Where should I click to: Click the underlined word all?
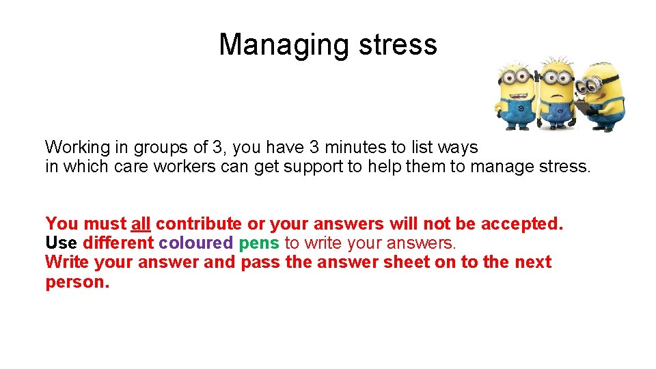click(x=141, y=223)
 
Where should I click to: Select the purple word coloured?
click(x=195, y=243)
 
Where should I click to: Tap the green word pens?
click(x=259, y=243)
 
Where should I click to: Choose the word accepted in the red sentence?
click(x=521, y=223)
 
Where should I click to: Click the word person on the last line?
click(x=75, y=282)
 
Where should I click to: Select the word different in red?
click(x=118, y=243)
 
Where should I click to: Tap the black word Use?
click(x=61, y=243)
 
